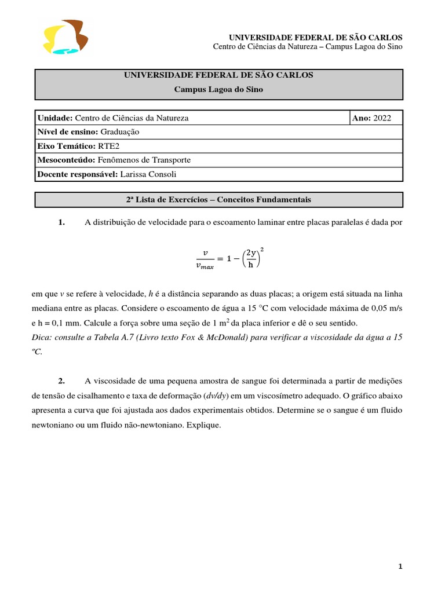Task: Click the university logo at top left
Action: pos(65,37)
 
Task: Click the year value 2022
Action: pos(382,118)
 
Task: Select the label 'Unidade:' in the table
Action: pos(55,118)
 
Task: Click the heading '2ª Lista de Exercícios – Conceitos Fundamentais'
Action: pos(218,200)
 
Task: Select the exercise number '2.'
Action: pos(61,380)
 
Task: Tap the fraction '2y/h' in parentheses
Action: pos(250,259)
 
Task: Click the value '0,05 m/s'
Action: pos(385,308)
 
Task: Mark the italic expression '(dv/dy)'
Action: pos(217,396)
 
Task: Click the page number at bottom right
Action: pos(400,568)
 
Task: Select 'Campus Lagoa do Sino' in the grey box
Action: pos(218,89)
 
